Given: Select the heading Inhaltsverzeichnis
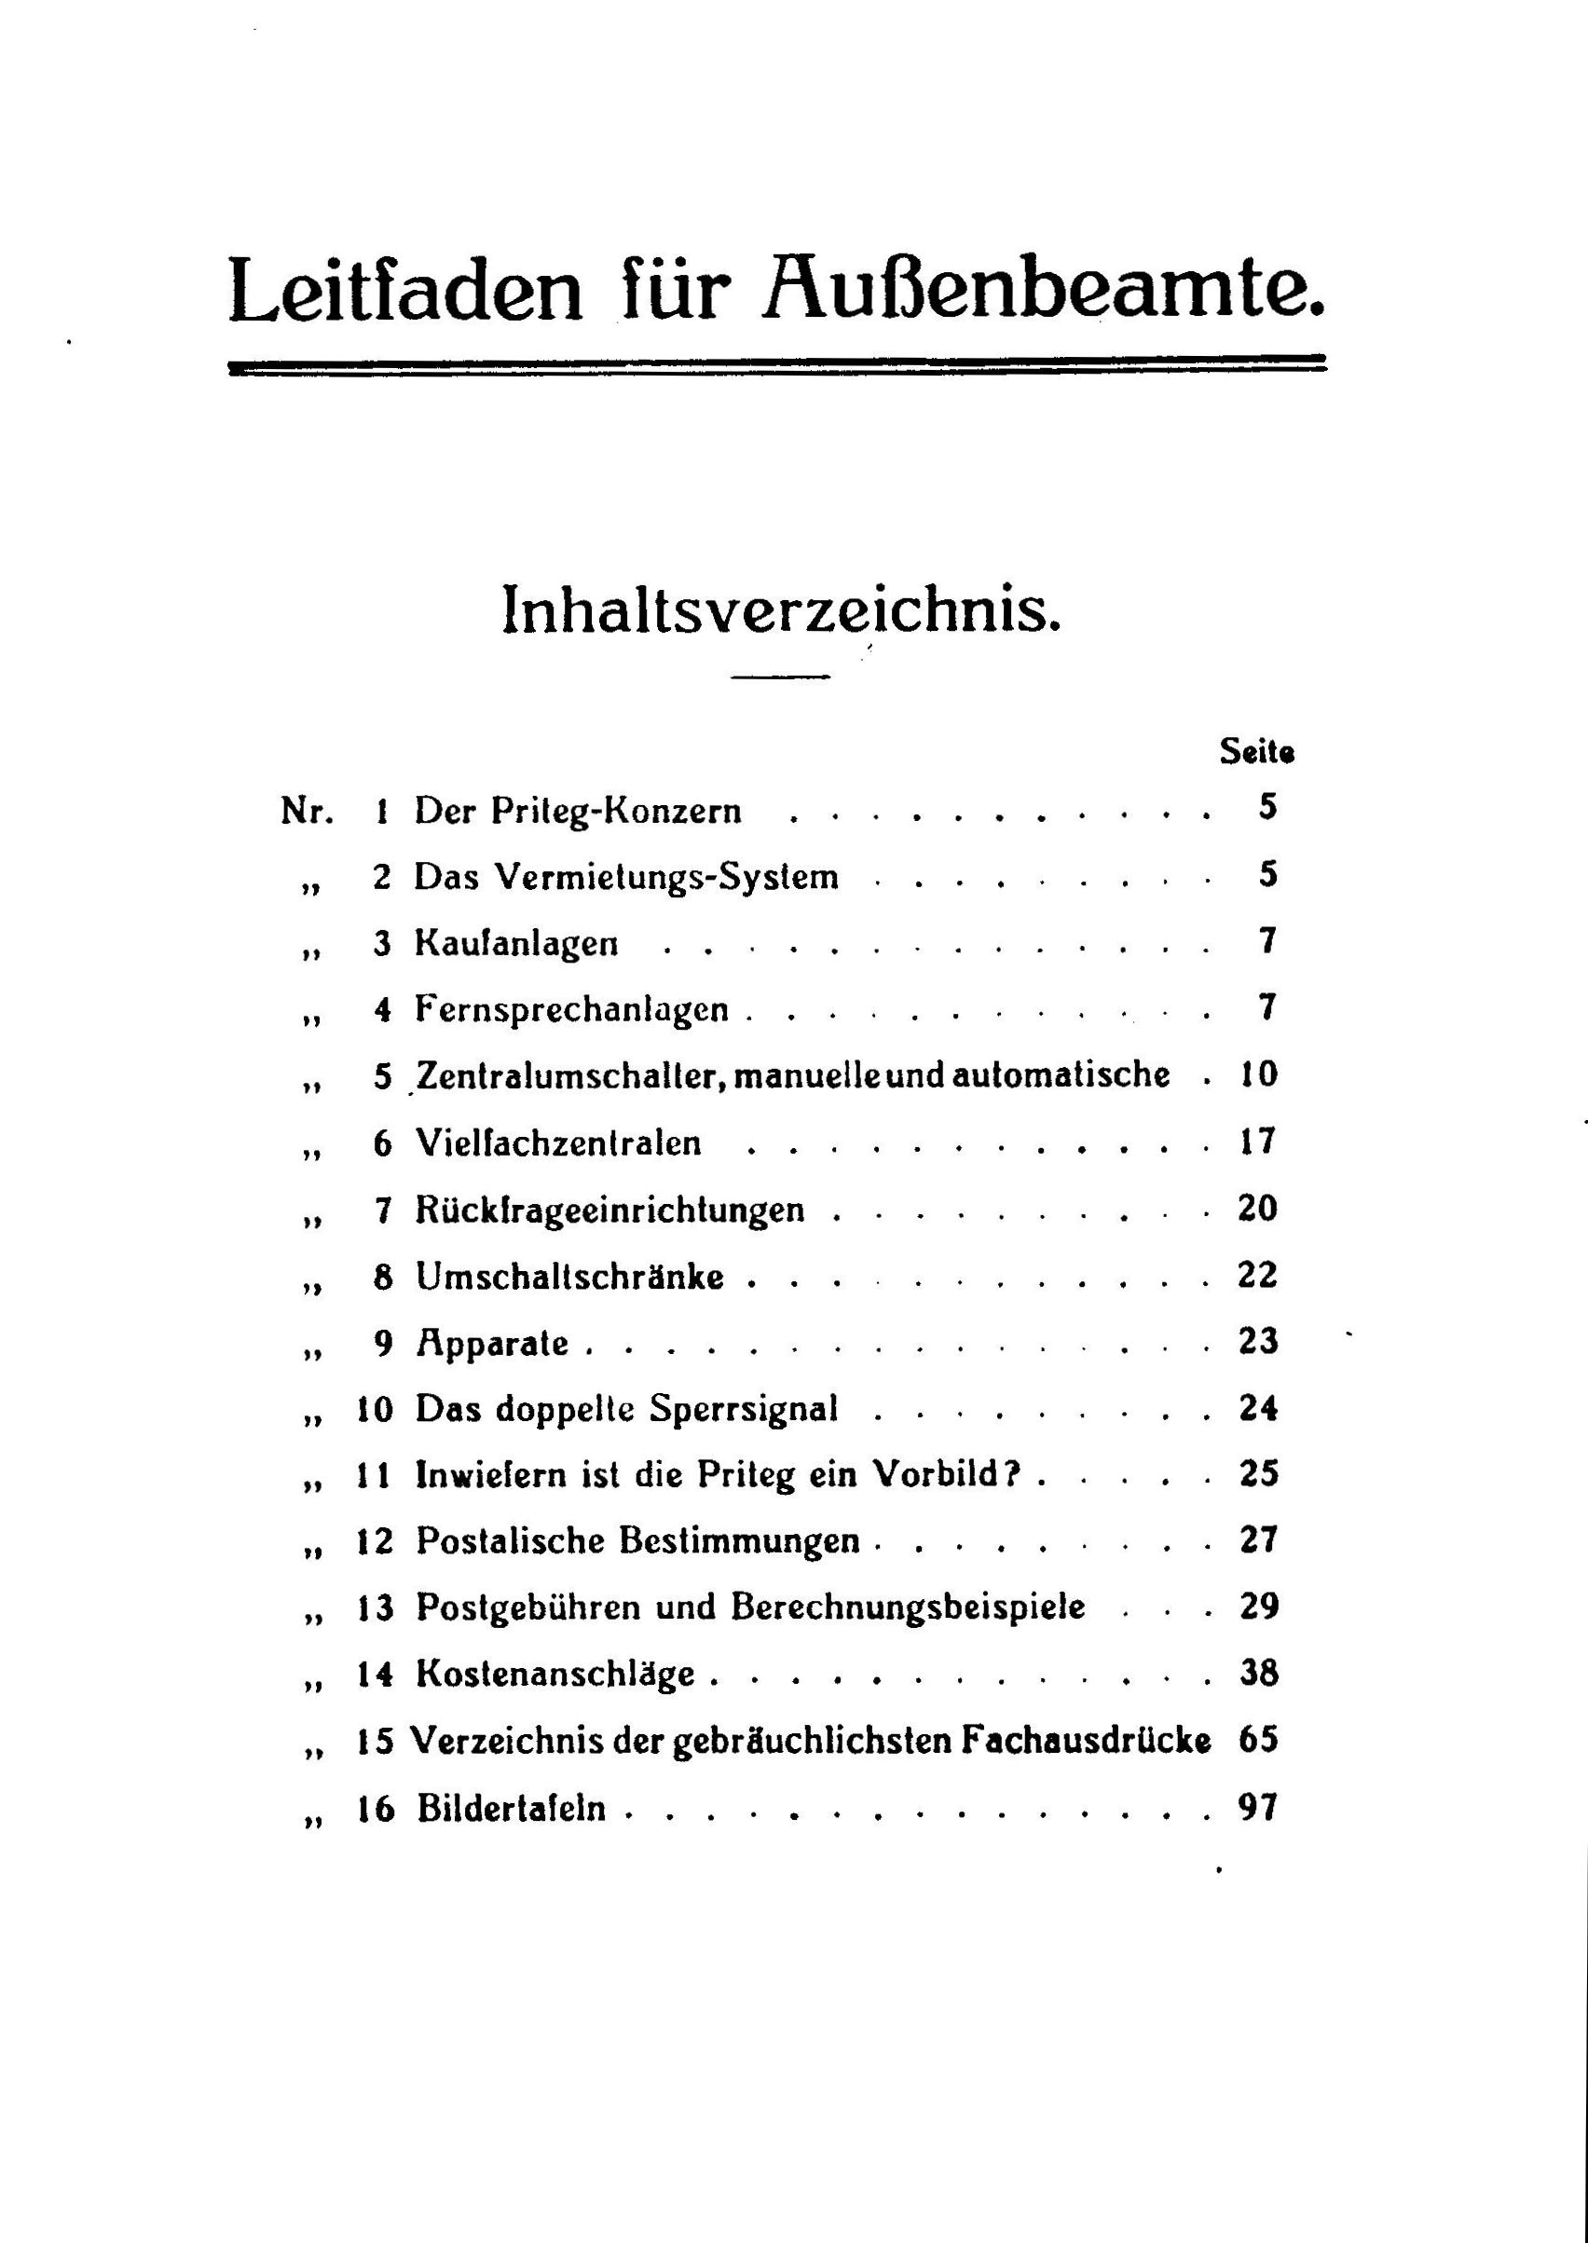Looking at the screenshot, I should click(780, 610).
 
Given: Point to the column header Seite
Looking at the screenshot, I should click(1256, 752).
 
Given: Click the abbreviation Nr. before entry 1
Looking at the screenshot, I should click(307, 811).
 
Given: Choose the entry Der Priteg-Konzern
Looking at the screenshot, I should click(577, 812).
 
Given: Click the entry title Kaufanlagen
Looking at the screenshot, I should click(516, 944).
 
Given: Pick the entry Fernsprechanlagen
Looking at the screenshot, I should click(571, 1009).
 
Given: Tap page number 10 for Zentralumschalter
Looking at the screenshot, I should click(1257, 1074).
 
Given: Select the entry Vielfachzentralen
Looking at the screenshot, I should click(558, 1142).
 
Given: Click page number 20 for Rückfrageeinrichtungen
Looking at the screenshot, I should click(1257, 1209).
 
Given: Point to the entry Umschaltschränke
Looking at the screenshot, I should click(569, 1276).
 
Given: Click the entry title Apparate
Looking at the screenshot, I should click(492, 1343).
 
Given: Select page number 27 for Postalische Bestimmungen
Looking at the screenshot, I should click(1258, 1540).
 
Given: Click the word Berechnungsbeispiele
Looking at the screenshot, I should click(909, 1607).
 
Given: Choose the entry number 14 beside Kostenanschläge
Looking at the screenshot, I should click(375, 1674).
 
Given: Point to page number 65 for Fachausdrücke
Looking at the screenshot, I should click(1258, 1740).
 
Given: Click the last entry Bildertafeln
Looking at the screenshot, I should click(512, 1808).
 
